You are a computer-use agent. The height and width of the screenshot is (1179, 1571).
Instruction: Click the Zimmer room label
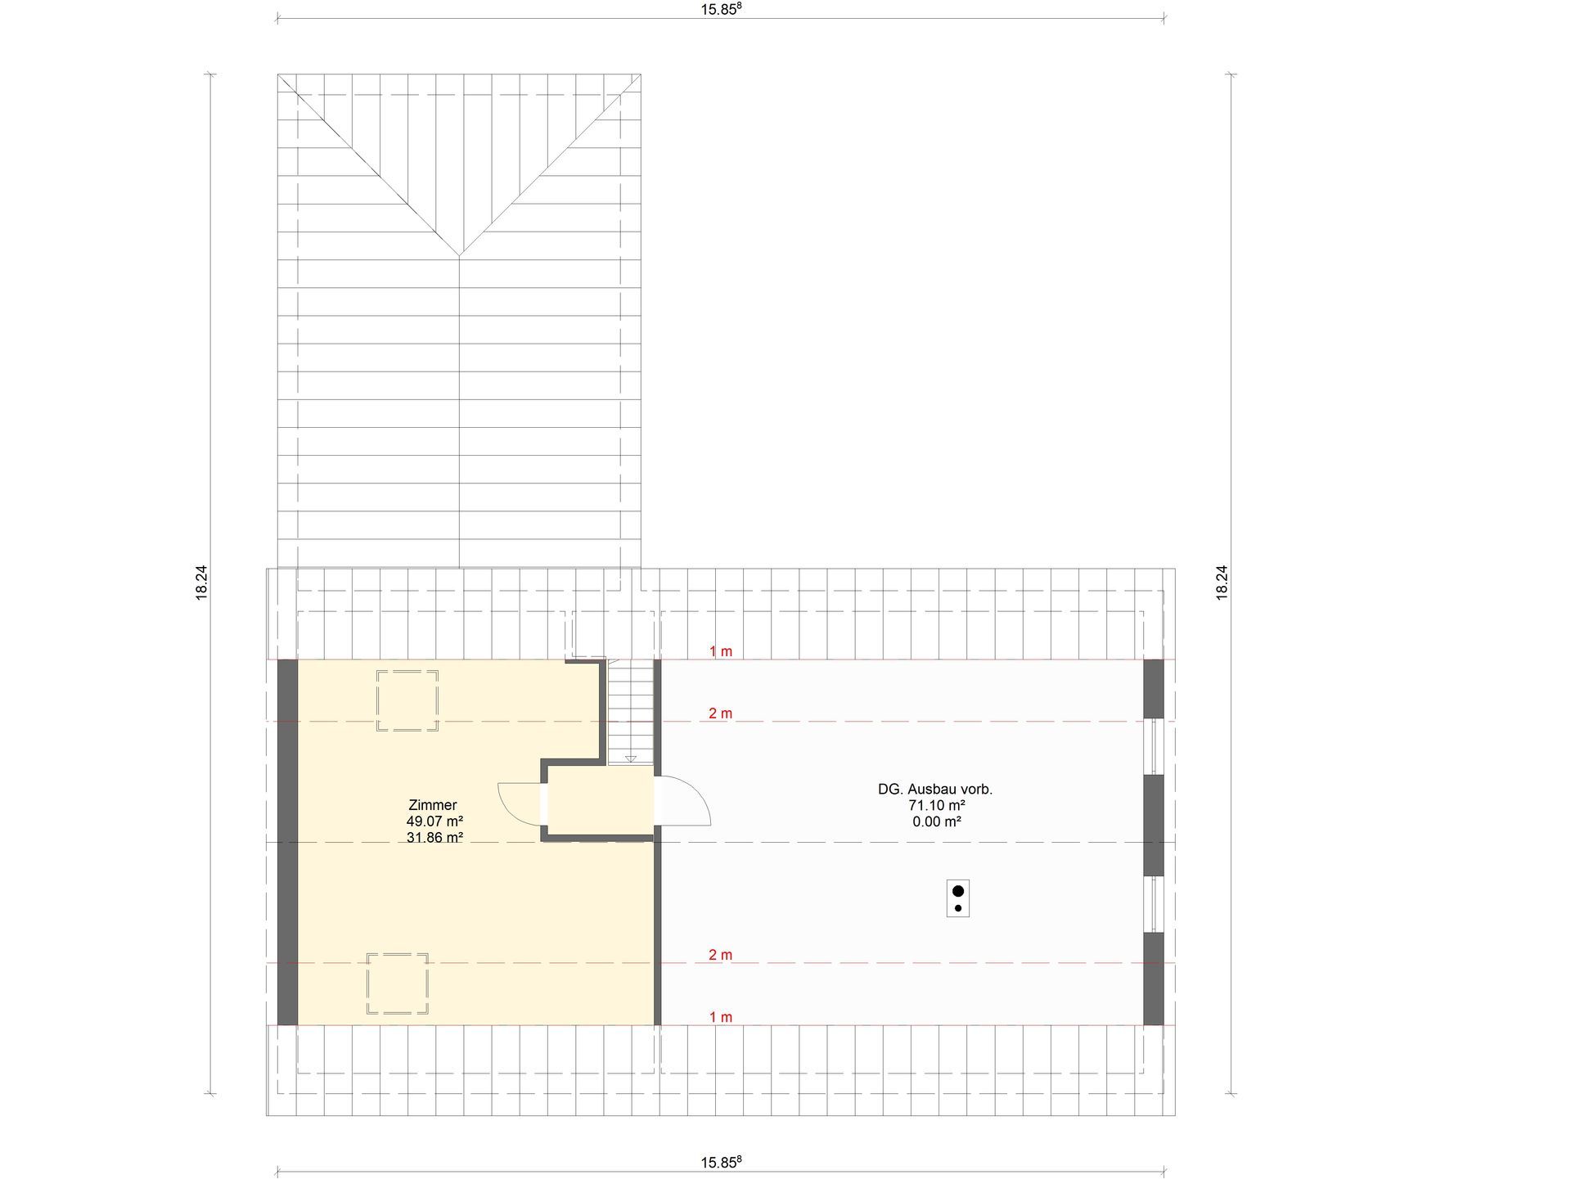pyautogui.click(x=432, y=805)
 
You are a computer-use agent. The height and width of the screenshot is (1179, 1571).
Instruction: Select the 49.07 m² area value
pyautogui.click(x=434, y=821)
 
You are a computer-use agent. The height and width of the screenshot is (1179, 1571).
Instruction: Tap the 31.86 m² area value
pyautogui.click(x=434, y=837)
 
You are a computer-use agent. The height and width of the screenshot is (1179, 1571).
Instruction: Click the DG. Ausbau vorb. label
pyautogui.click(x=935, y=790)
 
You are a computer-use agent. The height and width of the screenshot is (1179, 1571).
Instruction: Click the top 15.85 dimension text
pyautogui.click(x=721, y=10)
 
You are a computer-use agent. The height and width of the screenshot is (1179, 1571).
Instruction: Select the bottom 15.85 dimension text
pyautogui.click(x=721, y=1163)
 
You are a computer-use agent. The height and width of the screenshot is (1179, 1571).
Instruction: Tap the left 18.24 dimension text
pyautogui.click(x=201, y=583)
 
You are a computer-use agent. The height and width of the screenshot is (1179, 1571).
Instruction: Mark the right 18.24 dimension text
pyautogui.click(x=1222, y=583)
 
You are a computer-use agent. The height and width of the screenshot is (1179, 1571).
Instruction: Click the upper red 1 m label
pyautogui.click(x=721, y=651)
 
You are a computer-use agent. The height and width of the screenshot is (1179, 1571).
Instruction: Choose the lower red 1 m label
pyautogui.click(x=721, y=1017)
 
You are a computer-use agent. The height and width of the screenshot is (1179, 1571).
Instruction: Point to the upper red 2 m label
pyautogui.click(x=721, y=713)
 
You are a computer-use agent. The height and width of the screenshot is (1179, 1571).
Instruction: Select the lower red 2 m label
pyautogui.click(x=721, y=955)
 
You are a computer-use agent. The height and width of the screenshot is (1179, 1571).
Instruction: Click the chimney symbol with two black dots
pyautogui.click(x=958, y=898)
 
